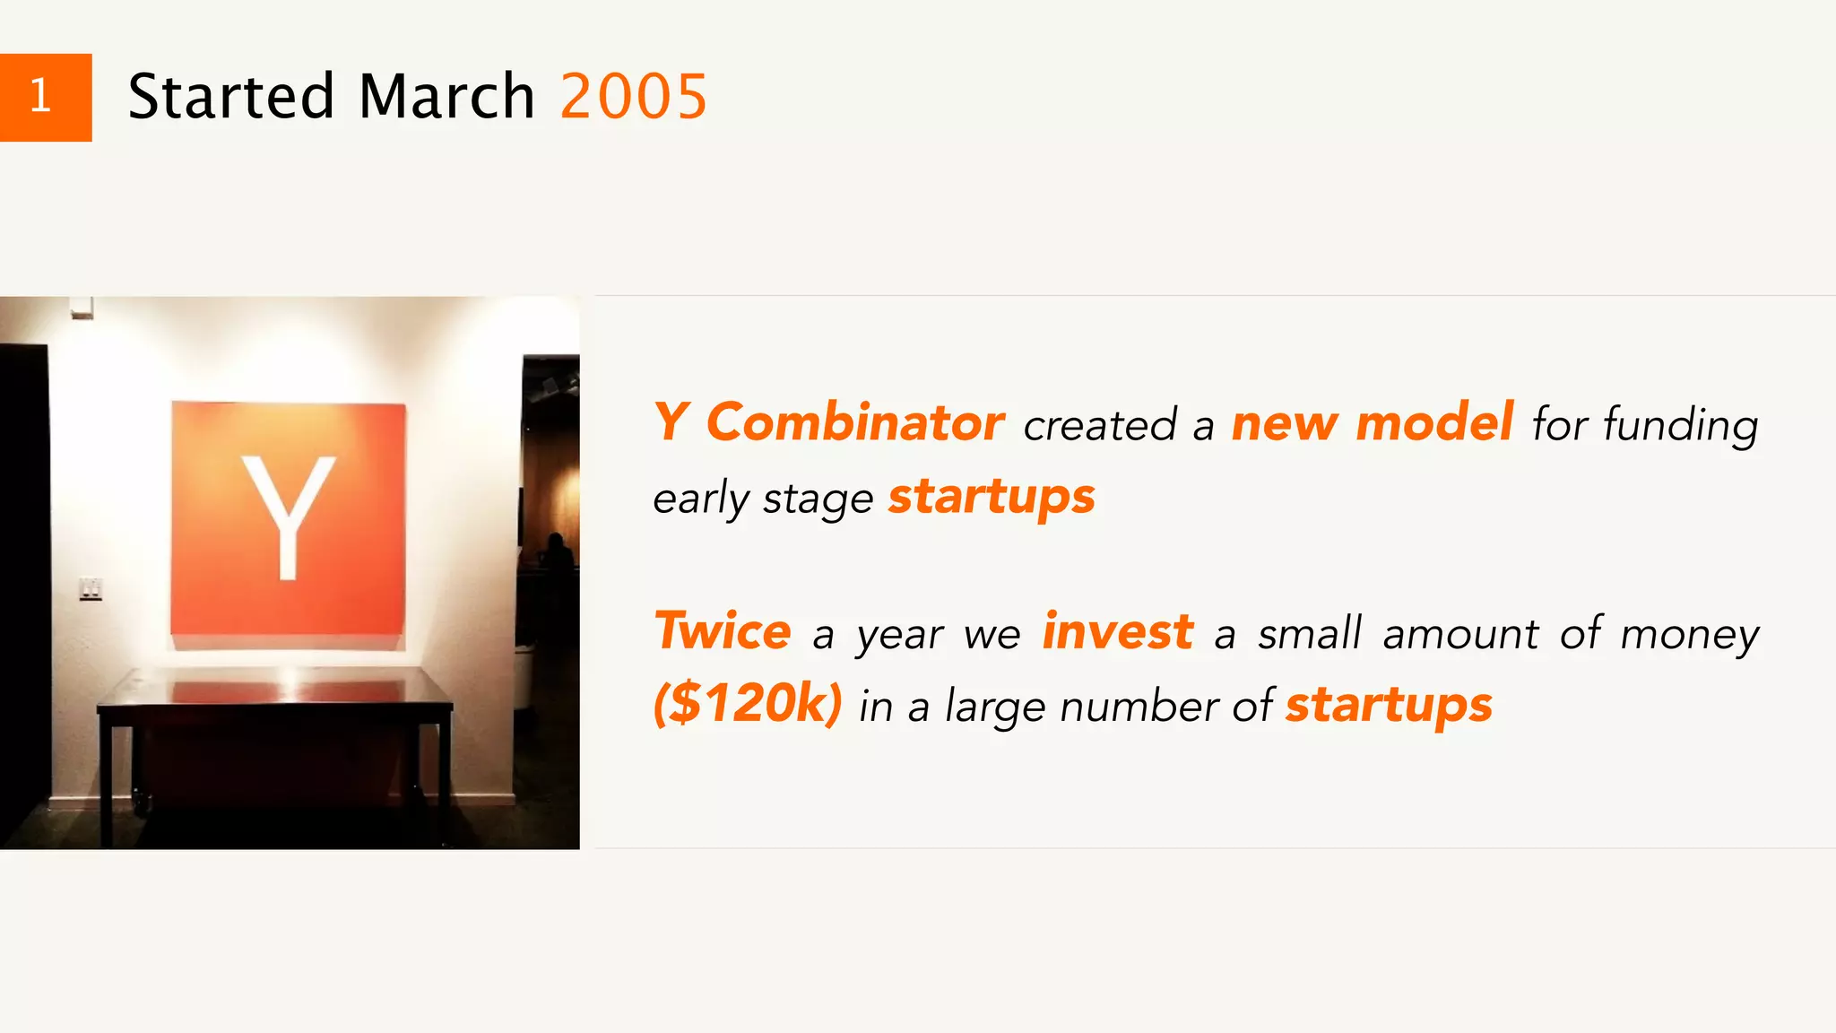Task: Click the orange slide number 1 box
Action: (x=45, y=97)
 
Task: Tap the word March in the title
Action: (x=446, y=97)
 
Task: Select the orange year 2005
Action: (x=634, y=97)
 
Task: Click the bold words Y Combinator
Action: (x=828, y=422)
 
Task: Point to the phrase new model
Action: (x=1372, y=422)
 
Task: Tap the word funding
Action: (x=1680, y=425)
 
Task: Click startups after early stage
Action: (x=992, y=497)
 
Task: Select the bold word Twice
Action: (x=723, y=631)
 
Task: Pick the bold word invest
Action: (x=1118, y=631)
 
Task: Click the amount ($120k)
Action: (x=748, y=703)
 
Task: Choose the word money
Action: (x=1690, y=635)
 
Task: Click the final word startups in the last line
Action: (x=1389, y=705)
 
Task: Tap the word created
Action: (x=1099, y=425)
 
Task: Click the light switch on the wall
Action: (x=91, y=588)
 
